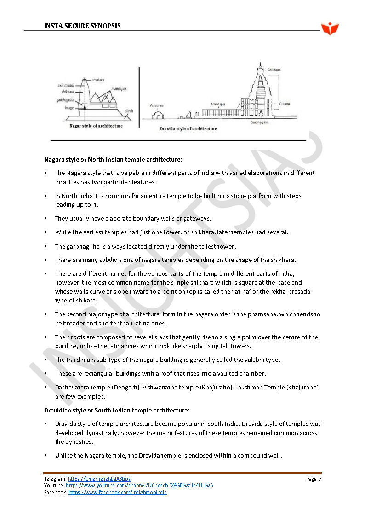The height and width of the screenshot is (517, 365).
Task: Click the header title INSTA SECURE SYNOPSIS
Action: click(82, 26)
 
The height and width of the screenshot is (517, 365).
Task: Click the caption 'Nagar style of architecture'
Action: click(96, 126)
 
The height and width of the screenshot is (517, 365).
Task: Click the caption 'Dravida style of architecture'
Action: click(188, 129)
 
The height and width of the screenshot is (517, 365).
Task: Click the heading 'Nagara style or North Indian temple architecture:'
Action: click(113, 159)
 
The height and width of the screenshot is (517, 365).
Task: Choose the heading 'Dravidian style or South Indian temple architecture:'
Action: click(116, 410)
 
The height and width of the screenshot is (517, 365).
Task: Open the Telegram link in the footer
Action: click(99, 479)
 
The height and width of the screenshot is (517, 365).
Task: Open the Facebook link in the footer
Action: click(117, 492)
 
